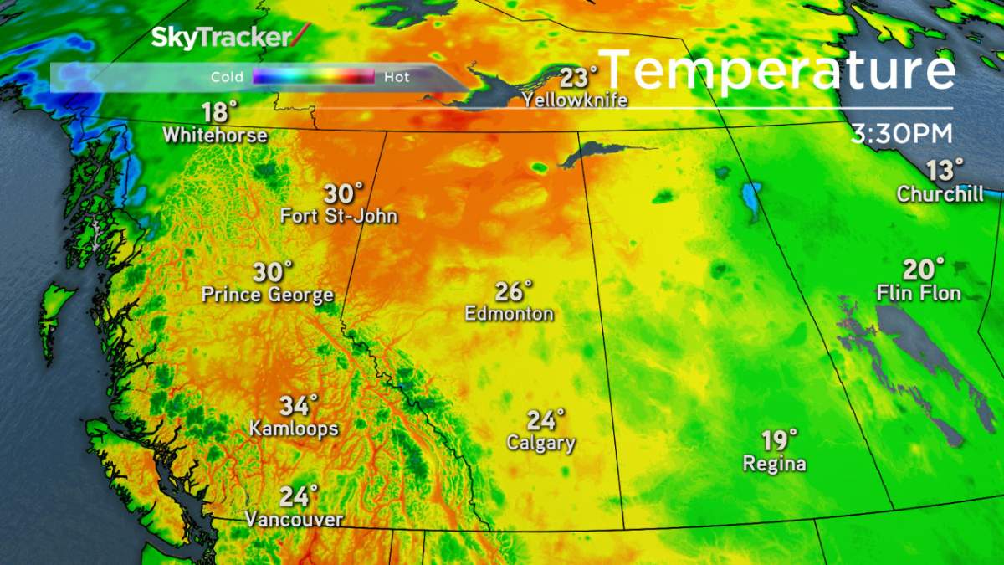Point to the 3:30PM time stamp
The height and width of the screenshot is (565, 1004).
pos(900,134)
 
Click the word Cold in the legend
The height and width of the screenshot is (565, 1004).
pos(227,77)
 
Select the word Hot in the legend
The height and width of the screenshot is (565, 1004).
pos(397,77)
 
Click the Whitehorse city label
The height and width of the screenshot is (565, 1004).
pos(215,135)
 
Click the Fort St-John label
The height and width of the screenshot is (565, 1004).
pos(339,217)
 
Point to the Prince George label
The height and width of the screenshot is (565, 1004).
pos(268,295)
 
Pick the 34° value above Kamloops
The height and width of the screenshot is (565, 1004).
pos(299,406)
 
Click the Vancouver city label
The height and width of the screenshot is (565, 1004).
pos(294,520)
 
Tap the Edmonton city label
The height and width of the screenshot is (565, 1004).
pos(510,314)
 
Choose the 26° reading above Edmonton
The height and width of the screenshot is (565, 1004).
pos(513,291)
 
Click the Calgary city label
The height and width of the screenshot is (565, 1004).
pos(541,443)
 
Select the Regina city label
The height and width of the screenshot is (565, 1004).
pos(775,463)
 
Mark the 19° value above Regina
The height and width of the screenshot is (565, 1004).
pos(778,439)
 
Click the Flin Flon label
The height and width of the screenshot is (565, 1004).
pos(919,293)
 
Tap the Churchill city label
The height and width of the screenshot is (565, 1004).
pos(940,194)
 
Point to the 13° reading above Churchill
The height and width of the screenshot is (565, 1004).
pos(945,170)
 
